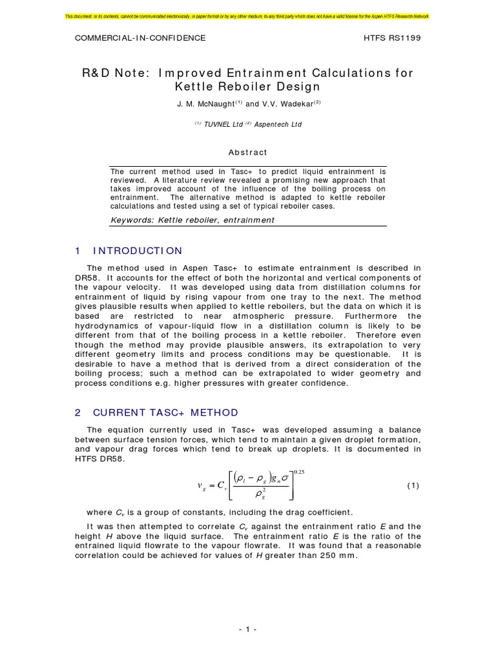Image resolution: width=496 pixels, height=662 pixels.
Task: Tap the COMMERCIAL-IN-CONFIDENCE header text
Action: [140, 38]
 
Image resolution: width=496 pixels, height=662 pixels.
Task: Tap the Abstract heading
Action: [248, 153]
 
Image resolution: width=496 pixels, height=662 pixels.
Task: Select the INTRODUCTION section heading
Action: [138, 251]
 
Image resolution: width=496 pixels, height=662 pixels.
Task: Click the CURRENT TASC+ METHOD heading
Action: [165, 412]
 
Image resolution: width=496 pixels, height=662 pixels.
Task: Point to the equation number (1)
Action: [413, 486]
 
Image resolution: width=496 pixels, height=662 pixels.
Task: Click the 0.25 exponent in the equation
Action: [300, 472]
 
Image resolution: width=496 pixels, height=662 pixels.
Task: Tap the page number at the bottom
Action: [248, 629]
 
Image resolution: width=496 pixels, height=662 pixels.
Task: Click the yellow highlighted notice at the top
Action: [248, 15]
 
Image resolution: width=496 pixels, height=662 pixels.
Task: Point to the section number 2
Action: [77, 412]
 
